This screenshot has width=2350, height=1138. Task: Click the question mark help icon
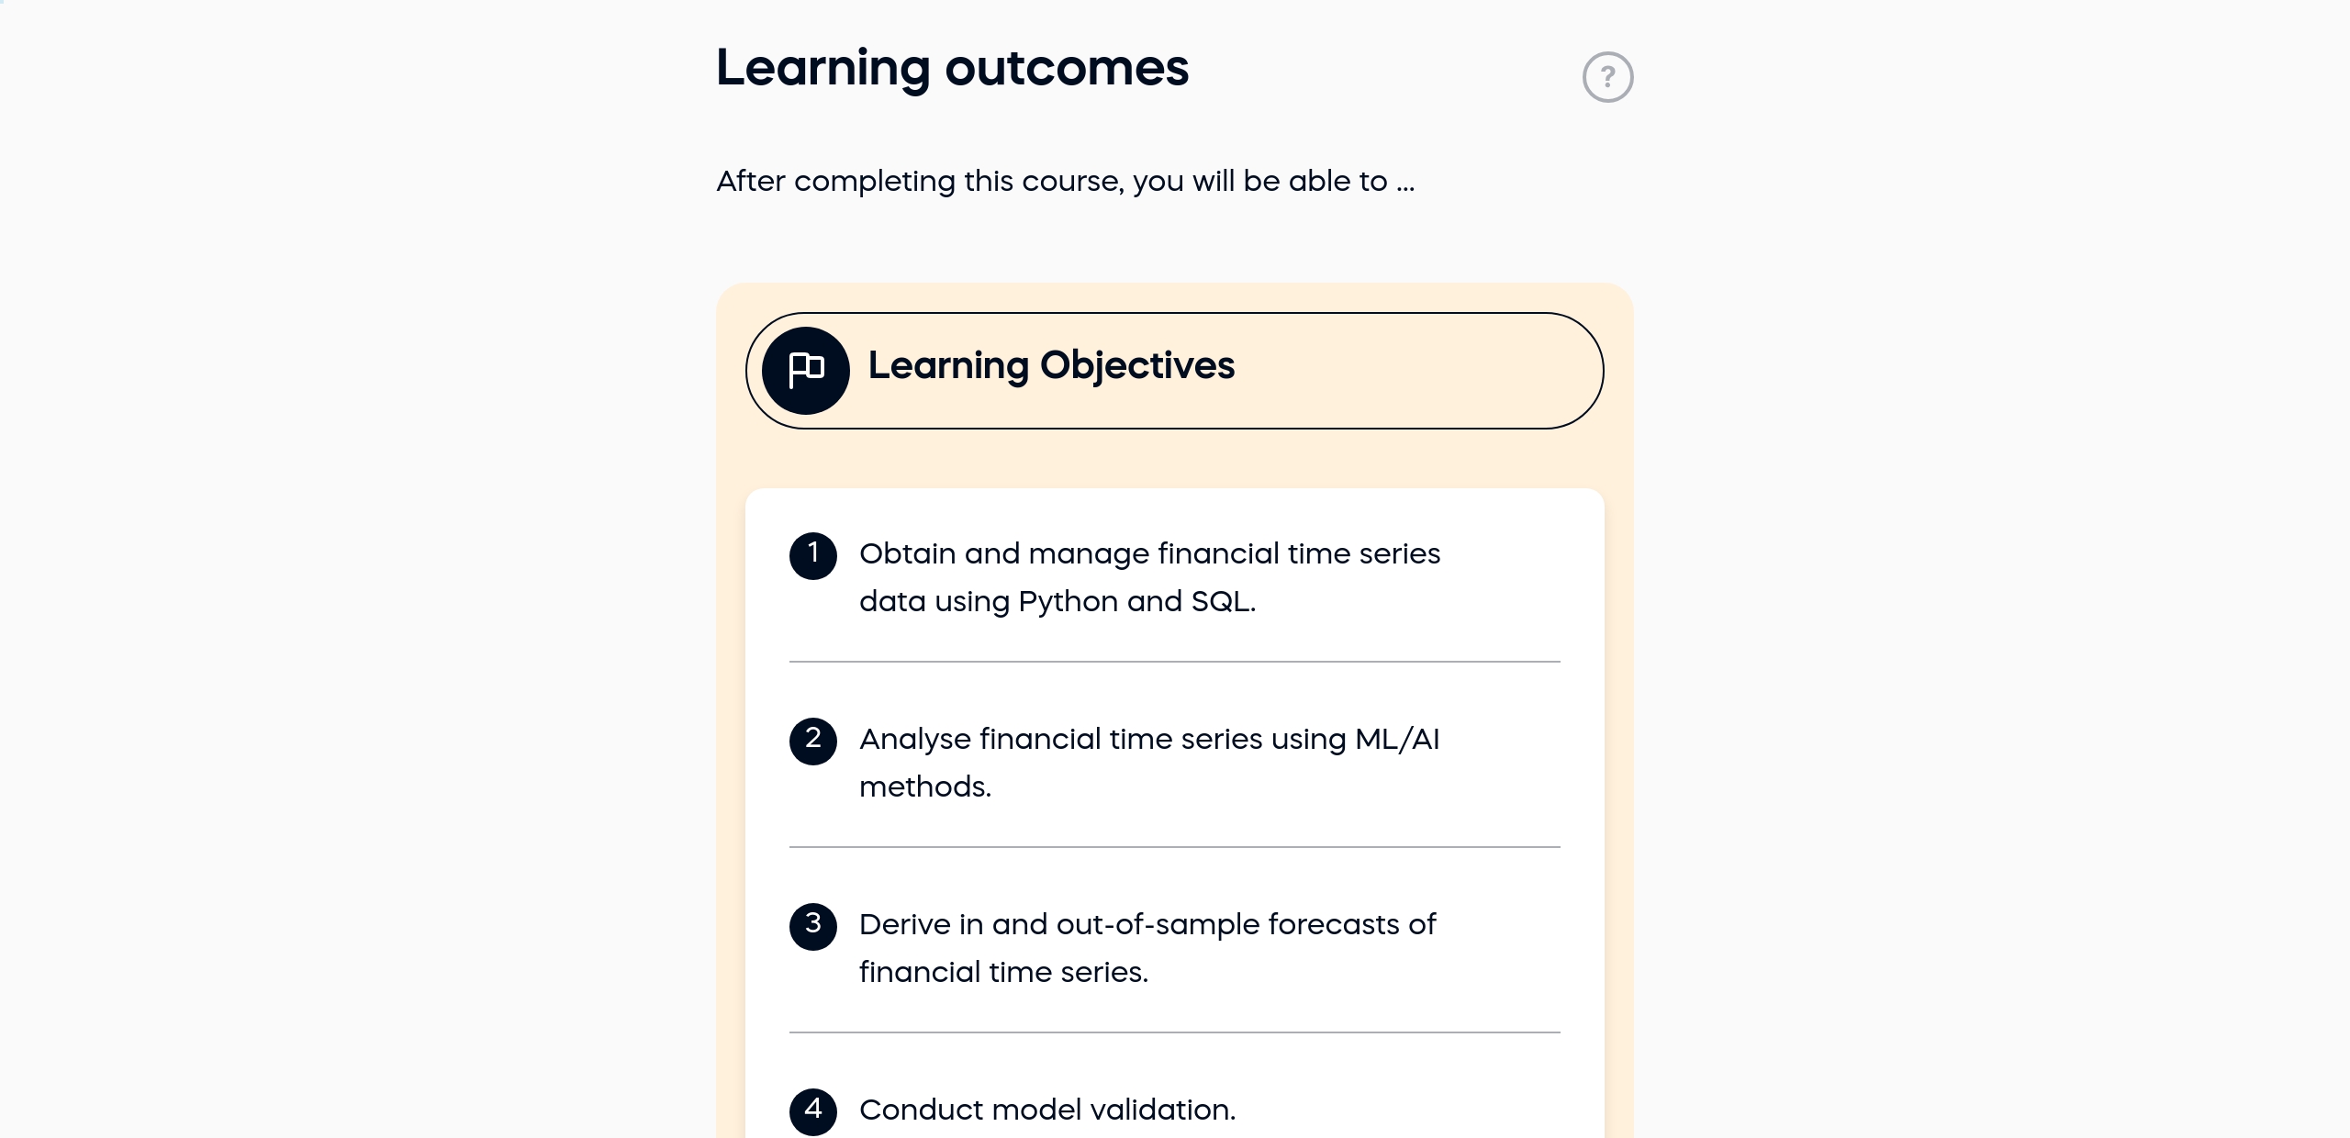(x=1607, y=77)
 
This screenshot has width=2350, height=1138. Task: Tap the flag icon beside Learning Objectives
(x=806, y=371)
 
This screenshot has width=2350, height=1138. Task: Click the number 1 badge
(x=813, y=555)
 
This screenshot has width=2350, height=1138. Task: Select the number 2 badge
(x=813, y=741)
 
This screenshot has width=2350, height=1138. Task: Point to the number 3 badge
(x=813, y=926)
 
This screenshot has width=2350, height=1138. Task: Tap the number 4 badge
(x=813, y=1111)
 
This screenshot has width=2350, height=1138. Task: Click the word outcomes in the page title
(x=1067, y=69)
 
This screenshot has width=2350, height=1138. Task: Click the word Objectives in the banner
(x=1137, y=365)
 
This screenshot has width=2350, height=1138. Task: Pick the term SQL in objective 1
(x=1220, y=602)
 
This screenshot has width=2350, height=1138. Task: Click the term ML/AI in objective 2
(x=1397, y=740)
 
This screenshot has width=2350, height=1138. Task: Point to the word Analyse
(x=915, y=740)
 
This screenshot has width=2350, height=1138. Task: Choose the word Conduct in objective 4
(x=919, y=1110)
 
